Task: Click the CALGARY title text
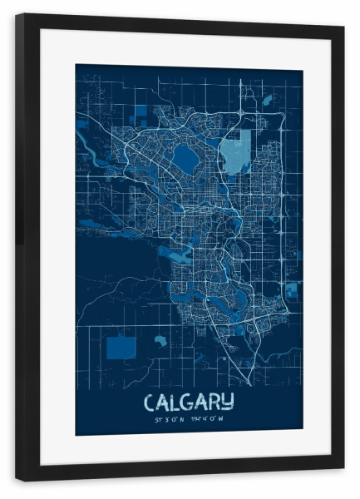[x=189, y=402]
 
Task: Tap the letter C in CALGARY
[x=150, y=402]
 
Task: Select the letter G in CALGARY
[x=188, y=402]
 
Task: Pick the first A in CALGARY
[x=163, y=402]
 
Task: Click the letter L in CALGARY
[x=175, y=402]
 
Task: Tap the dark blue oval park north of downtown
[x=185, y=156]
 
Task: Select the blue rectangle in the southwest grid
[x=122, y=345]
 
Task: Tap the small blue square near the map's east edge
[x=292, y=289]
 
